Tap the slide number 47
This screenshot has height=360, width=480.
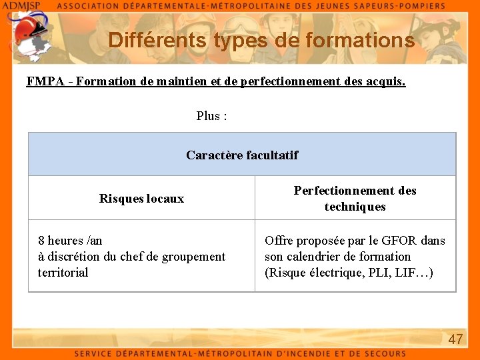[455, 339]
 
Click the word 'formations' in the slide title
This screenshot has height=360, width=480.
[360, 40]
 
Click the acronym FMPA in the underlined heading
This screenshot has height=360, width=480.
[45, 81]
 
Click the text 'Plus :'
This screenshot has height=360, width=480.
[212, 116]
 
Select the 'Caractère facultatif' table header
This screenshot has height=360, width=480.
[242, 155]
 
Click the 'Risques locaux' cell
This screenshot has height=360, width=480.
[141, 199]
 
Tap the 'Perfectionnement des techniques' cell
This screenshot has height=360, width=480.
[355, 199]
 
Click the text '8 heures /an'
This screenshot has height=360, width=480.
[70, 241]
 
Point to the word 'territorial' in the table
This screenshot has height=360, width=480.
[63, 273]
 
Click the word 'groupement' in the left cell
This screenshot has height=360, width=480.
[195, 257]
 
